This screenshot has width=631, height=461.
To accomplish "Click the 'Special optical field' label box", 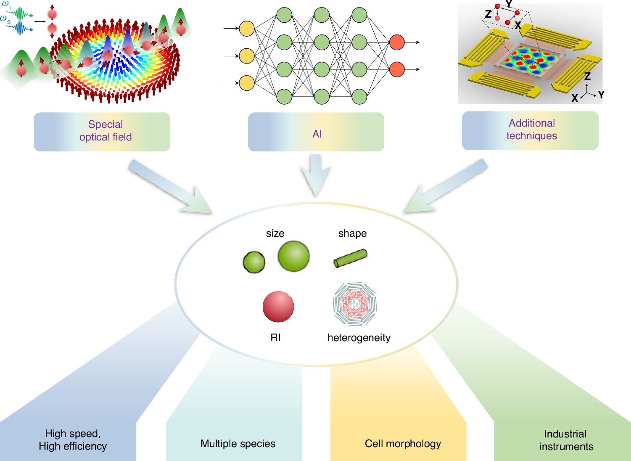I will tap(102, 131).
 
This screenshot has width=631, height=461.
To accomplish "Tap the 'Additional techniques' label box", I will tap(530, 130).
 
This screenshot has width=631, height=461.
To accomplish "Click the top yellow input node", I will tap(247, 29).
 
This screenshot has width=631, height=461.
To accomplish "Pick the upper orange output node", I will tap(397, 42).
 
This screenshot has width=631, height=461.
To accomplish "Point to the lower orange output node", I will tap(397, 69).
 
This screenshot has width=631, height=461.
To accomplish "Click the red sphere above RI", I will tap(278, 307).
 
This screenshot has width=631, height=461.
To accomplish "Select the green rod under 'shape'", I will tap(350, 258).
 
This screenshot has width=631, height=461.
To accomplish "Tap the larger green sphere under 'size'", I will tap(294, 256).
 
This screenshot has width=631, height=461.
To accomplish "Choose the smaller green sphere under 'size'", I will tap(254, 262).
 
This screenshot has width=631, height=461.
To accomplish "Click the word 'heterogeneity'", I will tap(359, 338).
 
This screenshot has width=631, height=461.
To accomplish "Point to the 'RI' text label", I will tap(276, 338).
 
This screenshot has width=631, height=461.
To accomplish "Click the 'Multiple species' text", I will tap(238, 444).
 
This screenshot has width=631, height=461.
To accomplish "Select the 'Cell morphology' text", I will tap(403, 444).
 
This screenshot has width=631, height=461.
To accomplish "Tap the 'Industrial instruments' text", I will tap(566, 440).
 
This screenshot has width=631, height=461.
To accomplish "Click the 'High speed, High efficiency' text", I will tap(73, 440).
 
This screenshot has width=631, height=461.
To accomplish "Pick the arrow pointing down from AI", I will tap(316, 175).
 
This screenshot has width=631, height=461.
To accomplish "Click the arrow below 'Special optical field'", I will tap(170, 186).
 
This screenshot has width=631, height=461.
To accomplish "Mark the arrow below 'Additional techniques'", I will tap(446, 186).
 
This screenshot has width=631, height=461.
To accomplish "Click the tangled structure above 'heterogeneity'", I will tap(355, 304).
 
